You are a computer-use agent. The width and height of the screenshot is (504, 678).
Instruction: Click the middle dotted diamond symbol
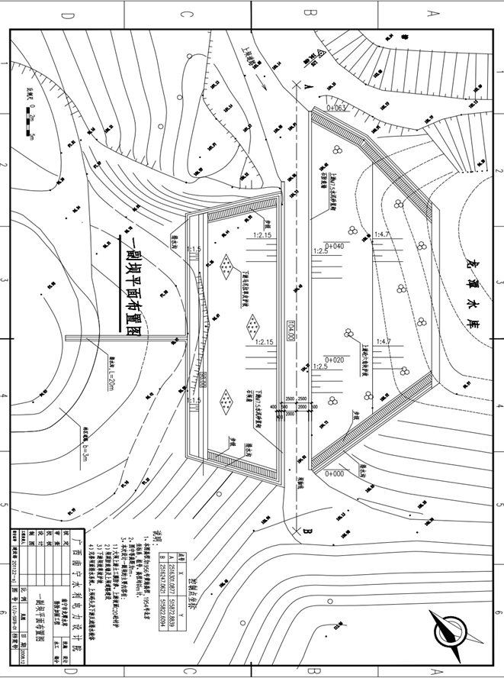coord(252,327)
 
